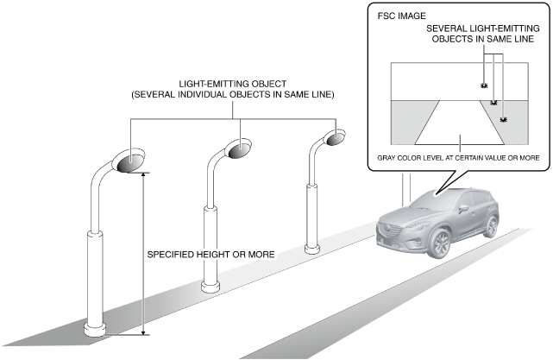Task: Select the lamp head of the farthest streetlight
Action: [333, 136]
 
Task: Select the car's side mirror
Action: [463, 208]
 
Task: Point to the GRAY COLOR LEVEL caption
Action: [458, 158]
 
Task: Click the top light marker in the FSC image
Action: [484, 85]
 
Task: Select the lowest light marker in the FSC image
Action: [504, 118]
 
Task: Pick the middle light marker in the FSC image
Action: [493, 103]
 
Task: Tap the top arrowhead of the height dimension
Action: [143, 174]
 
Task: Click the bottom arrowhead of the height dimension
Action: [143, 332]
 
